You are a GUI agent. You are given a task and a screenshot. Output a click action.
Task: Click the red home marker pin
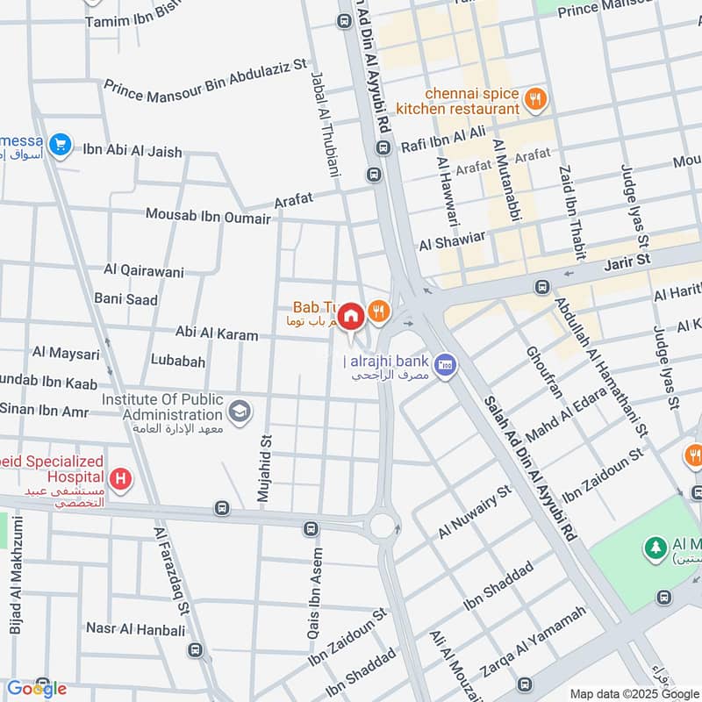pos(351,316)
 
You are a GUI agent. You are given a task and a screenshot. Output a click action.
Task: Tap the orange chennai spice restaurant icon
pos(534,100)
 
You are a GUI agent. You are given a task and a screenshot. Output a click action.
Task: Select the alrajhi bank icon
pos(446,362)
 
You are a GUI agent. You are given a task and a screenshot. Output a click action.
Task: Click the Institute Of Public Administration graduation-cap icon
pos(239,410)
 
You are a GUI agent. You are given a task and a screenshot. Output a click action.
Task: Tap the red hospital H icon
pos(120,479)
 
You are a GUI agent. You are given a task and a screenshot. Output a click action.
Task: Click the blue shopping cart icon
pos(60,145)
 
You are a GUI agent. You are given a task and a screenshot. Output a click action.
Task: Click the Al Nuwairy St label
pos(474,514)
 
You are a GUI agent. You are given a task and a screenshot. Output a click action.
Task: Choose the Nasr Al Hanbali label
pos(135,629)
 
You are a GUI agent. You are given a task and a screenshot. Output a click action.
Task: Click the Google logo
pos(36,689)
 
